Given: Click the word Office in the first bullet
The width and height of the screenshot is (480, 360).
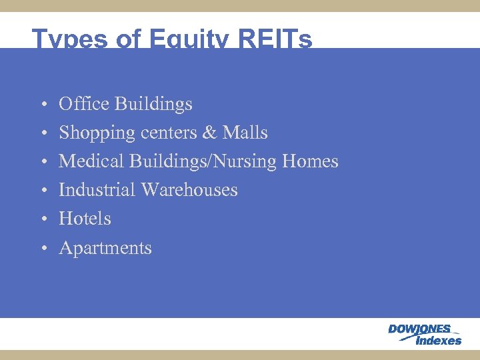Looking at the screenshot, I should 85,104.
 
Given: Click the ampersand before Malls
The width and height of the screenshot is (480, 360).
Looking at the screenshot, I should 209,133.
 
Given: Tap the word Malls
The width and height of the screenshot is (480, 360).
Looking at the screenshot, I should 245,133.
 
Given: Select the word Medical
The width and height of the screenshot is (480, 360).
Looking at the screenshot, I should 91,161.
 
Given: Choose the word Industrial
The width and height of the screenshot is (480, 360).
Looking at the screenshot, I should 97,190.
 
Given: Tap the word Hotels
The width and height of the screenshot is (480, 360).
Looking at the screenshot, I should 85,219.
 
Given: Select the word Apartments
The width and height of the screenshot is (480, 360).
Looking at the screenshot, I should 105,248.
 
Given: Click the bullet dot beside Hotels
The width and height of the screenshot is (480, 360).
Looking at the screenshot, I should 42,219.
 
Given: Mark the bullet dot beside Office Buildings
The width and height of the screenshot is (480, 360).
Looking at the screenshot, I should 42,105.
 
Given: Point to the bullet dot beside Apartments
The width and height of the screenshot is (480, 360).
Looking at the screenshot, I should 42,249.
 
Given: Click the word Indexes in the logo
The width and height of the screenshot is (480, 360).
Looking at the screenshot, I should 438,341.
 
